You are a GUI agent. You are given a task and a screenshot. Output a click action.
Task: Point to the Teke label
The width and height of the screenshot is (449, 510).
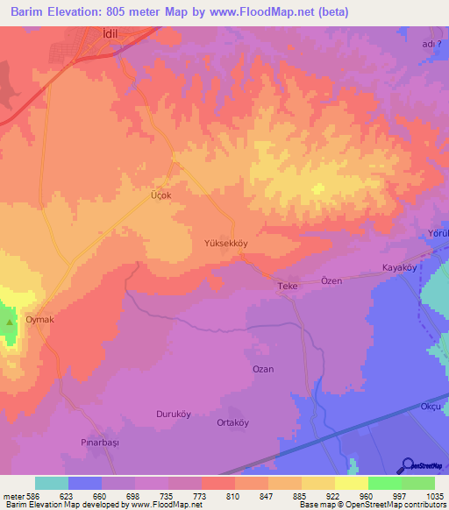(x=289, y=287)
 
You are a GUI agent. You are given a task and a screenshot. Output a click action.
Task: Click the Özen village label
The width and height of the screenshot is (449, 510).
(x=331, y=280)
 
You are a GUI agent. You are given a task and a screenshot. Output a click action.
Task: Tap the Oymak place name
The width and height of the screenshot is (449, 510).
(x=39, y=320)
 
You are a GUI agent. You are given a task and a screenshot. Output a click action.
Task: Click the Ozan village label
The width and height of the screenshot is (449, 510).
(x=263, y=369)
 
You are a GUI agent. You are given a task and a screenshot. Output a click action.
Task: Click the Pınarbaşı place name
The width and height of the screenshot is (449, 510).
(x=99, y=443)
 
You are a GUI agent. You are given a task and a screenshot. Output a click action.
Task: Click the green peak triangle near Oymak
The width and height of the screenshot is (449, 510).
(x=10, y=322)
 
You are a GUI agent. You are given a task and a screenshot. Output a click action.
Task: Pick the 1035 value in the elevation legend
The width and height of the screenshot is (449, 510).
(x=434, y=495)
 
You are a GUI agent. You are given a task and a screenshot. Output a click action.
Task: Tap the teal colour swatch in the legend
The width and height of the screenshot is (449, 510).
(x=52, y=483)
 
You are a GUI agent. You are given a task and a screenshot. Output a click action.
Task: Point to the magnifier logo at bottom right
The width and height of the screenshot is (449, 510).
(x=407, y=464)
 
